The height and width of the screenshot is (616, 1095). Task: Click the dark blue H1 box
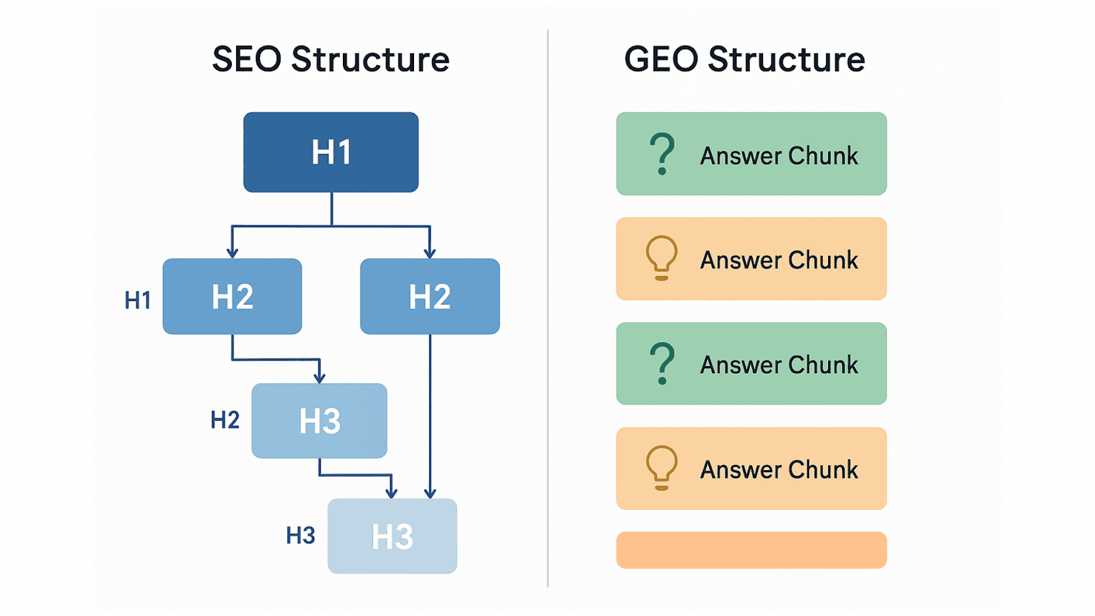coord(331,152)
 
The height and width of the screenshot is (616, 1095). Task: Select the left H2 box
coord(232,296)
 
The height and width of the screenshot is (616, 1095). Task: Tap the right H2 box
coord(430,296)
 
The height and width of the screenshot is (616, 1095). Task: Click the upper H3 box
coord(319,421)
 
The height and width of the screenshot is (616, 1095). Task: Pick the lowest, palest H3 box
coord(392,536)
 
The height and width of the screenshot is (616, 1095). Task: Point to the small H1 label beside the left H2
coord(138,300)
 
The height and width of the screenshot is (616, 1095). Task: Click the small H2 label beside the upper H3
coord(224,420)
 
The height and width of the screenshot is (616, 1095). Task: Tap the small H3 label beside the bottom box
coord(300,535)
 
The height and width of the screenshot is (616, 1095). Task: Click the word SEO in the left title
coord(246,60)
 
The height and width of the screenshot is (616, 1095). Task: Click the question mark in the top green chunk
coord(662,154)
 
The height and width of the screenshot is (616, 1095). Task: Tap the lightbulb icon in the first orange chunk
coord(662,258)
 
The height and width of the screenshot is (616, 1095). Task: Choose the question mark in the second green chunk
coord(662,363)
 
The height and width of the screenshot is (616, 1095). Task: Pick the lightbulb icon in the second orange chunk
coord(662,468)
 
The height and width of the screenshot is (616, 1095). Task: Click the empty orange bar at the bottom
coord(751,550)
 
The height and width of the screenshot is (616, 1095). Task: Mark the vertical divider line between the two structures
coord(547,308)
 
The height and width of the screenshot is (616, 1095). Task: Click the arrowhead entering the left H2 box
coord(232,253)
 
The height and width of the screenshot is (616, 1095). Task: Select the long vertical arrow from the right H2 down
coord(430,411)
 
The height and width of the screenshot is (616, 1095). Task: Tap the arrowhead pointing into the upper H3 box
coord(319,377)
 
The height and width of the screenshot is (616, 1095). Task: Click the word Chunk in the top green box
coord(823,156)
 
